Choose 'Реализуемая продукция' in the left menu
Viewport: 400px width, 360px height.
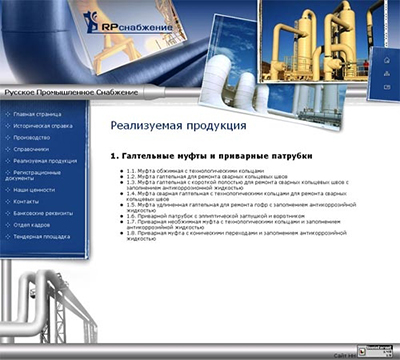45,160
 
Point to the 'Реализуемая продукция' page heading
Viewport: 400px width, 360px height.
178,126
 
